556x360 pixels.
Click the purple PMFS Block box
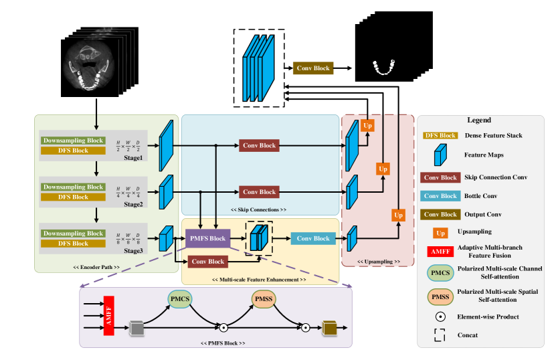click(x=207, y=238)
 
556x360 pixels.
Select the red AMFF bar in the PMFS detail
click(x=108, y=314)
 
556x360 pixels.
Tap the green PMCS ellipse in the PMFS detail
click(x=179, y=299)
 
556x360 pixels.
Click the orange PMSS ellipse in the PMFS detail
click(x=263, y=299)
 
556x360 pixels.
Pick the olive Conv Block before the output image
click(x=312, y=68)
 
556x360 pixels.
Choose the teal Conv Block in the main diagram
click(x=313, y=238)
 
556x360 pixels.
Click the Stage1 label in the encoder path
click(x=132, y=158)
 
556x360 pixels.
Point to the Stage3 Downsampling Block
click(x=73, y=234)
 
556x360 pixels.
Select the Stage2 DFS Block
click(x=73, y=197)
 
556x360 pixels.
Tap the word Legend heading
click(x=479, y=120)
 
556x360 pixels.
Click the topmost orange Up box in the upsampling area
click(x=367, y=125)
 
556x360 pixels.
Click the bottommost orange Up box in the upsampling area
click(x=398, y=215)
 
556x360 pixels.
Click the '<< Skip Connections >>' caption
click(x=259, y=209)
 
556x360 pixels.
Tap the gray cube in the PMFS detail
click(x=137, y=328)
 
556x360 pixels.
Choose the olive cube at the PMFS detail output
click(x=329, y=328)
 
